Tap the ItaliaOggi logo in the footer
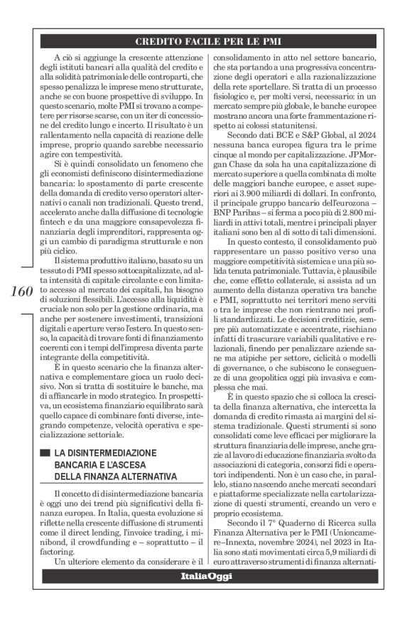[x=205, y=595]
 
